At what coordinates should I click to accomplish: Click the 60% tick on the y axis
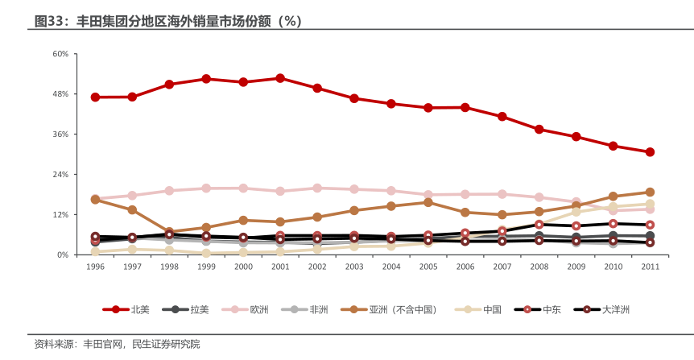click(x=60, y=54)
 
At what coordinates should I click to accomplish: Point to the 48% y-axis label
click(x=60, y=94)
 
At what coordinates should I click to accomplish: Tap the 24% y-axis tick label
click(x=60, y=175)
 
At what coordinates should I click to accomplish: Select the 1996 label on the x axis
click(x=95, y=267)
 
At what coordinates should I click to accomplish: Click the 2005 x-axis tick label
click(x=428, y=267)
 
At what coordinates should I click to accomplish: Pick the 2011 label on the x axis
click(x=650, y=267)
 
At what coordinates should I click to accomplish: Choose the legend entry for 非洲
click(x=318, y=309)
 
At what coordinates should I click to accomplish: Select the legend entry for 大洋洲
click(x=615, y=309)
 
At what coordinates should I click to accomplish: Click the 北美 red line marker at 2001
click(x=280, y=78)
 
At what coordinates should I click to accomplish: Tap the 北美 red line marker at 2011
click(x=650, y=152)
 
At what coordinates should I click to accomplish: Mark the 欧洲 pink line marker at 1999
click(x=206, y=188)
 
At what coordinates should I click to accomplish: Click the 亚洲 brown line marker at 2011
click(x=650, y=192)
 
